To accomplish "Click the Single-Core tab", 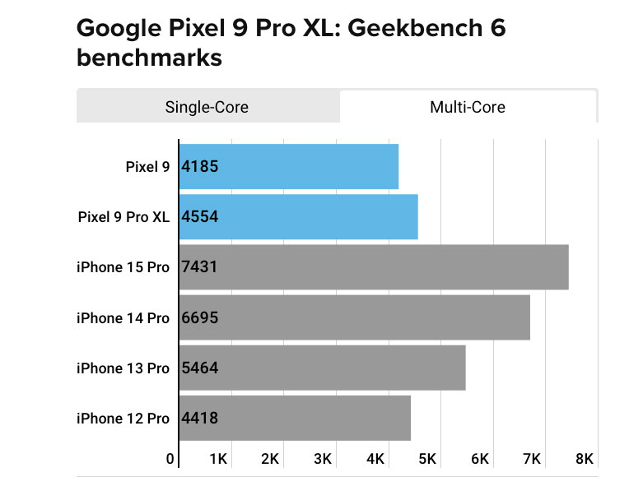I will point(207,107).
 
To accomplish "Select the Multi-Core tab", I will point(468,107).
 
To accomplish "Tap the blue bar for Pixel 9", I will point(288,167).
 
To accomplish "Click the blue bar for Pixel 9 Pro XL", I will point(298,217).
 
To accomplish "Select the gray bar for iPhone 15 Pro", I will point(374,267).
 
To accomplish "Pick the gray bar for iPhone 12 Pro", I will point(295,419).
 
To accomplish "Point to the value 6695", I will point(200,318).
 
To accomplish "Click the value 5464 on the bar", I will point(200,368).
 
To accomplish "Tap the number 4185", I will point(200,167).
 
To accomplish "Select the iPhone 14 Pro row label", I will point(123,318).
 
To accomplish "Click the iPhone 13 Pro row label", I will point(123,368).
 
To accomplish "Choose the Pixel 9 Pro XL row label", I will point(123,217).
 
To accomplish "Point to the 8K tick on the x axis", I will point(585,458).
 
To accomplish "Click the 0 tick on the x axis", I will point(170,458).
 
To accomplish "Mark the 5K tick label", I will point(427,458).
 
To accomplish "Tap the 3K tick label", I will point(322,458).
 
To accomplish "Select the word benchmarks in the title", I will point(149,58).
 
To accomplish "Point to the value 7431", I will point(200,267).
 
